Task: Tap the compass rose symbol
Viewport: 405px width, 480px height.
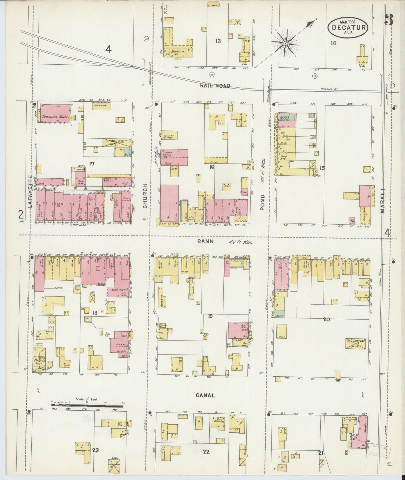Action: pyautogui.click(x=286, y=43)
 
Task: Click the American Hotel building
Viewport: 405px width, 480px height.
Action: pyautogui.click(x=55, y=113)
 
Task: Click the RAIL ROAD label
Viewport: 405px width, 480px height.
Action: pyautogui.click(x=215, y=86)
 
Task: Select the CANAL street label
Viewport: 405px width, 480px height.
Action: pyautogui.click(x=205, y=395)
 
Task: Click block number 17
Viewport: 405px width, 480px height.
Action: pyautogui.click(x=91, y=164)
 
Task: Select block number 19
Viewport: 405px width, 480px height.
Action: pyautogui.click(x=210, y=316)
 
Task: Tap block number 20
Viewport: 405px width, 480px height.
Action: pyautogui.click(x=327, y=319)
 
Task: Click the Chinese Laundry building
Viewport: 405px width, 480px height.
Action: pyautogui.click(x=174, y=157)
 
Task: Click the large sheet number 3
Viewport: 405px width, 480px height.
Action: pyautogui.click(x=389, y=20)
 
